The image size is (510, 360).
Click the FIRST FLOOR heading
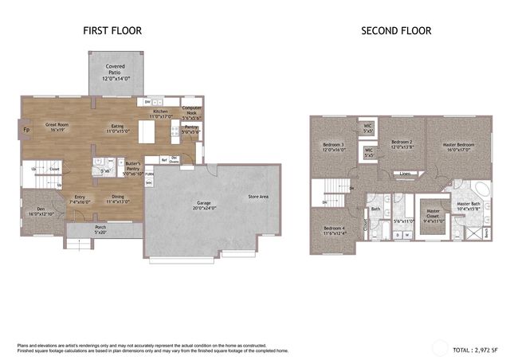[x=112, y=31]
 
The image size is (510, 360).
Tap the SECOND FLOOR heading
[x=396, y=31]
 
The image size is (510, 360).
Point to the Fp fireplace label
[x=25, y=130]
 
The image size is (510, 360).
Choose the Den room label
[x=40, y=211]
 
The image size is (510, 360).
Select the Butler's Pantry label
[x=133, y=165]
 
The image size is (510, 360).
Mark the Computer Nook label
[x=192, y=110]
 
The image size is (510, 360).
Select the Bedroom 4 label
[x=333, y=231]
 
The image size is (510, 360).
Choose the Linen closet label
[x=405, y=173]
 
